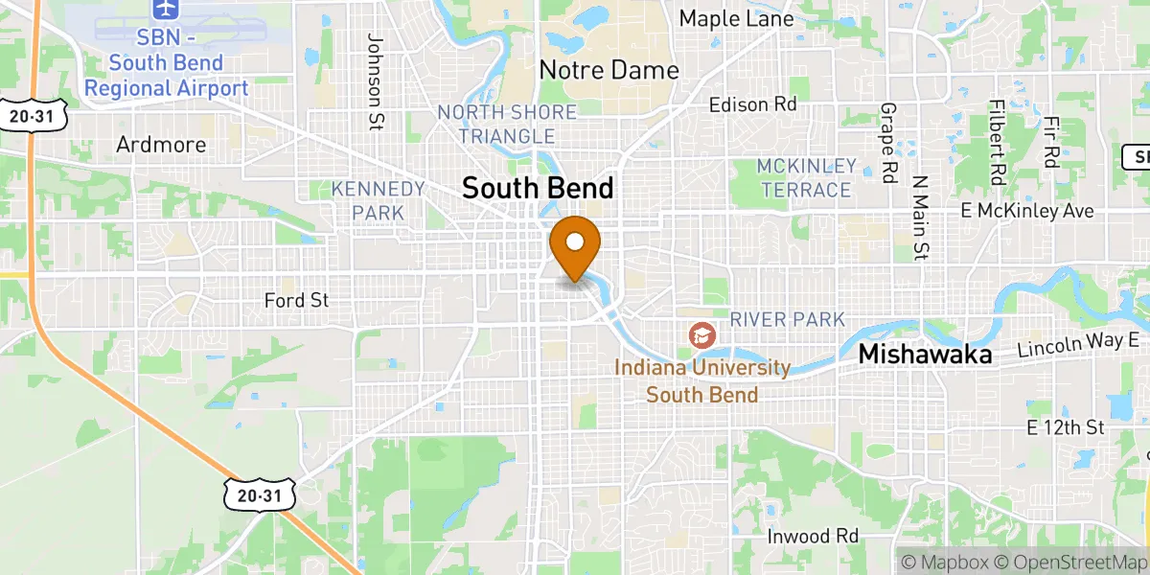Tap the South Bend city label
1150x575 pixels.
[537, 187]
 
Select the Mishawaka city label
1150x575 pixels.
[924, 354]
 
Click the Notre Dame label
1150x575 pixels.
[609, 70]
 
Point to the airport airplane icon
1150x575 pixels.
[166, 9]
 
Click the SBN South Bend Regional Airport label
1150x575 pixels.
[166, 64]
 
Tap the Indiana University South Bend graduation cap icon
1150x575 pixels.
[703, 335]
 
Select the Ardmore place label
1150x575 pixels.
[161, 145]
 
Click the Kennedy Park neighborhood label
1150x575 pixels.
[378, 199]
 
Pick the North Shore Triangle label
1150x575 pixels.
[507, 125]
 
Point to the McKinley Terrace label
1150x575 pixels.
[805, 177]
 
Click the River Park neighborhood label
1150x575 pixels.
[787, 319]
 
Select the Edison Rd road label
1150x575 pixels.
[752, 103]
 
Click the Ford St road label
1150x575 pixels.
[296, 301]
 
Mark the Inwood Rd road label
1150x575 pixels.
[813, 536]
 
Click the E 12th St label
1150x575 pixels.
[1065, 425]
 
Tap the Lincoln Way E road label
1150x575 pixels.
[1082, 344]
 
